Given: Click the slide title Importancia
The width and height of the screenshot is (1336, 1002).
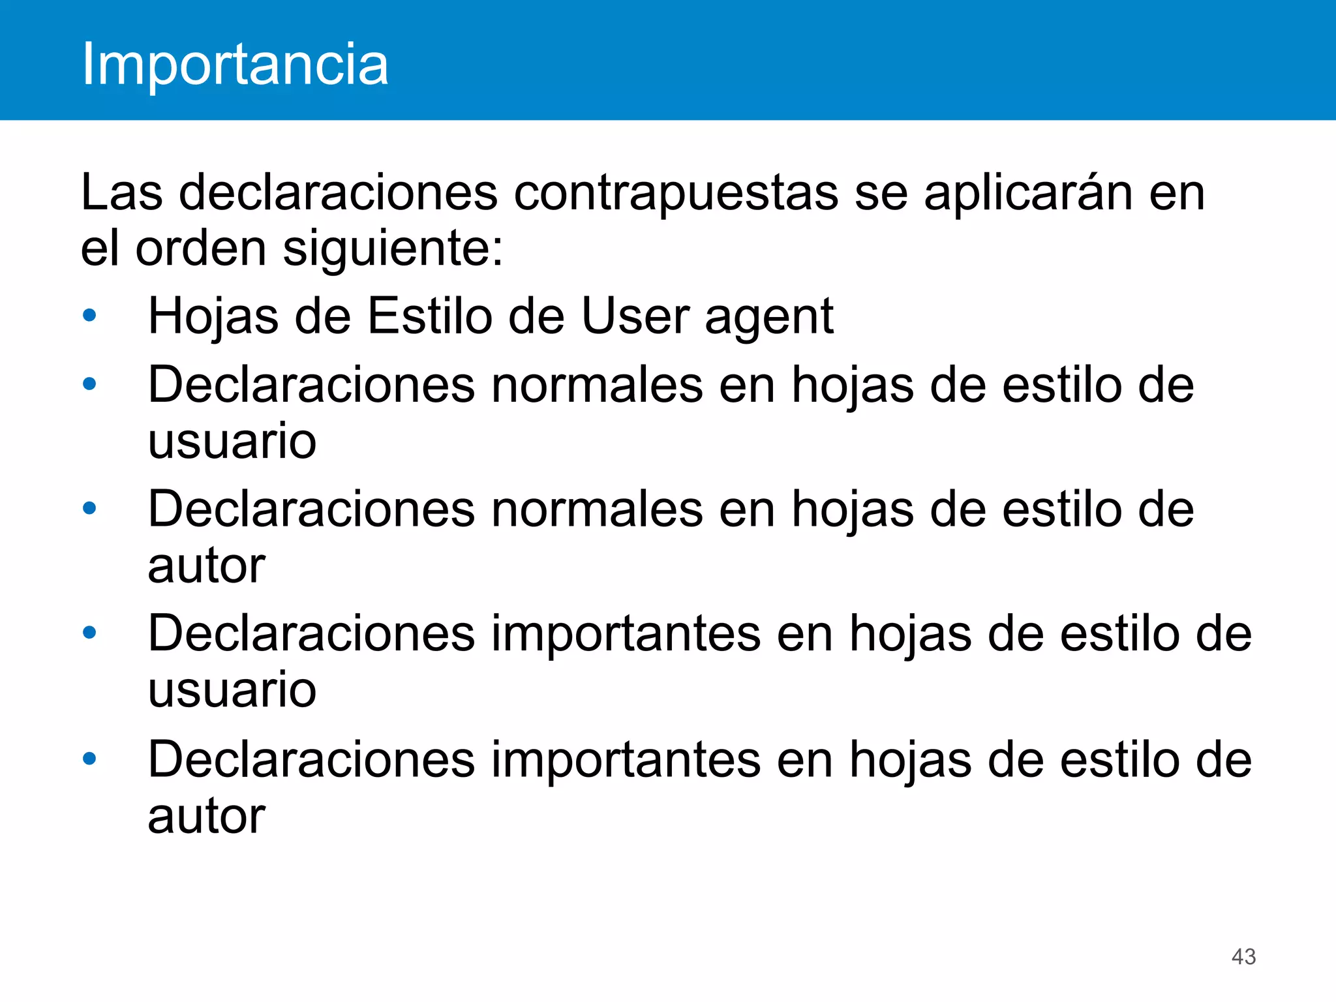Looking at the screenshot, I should tap(235, 64).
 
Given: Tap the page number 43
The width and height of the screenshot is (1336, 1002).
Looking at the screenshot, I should tap(1243, 956).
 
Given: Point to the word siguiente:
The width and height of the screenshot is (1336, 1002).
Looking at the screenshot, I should tap(393, 249).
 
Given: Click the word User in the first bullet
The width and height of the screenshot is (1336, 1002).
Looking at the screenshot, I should tap(635, 316).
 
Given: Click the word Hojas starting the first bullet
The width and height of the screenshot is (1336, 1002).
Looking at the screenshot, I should tap(213, 317).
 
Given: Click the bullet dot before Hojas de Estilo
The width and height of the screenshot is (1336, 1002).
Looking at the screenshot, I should tap(90, 316).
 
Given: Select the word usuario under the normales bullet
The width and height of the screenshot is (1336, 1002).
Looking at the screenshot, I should tap(232, 441).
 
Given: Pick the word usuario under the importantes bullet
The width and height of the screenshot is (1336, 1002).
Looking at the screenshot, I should tap(232, 689).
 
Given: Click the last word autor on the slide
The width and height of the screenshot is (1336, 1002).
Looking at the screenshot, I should tap(206, 815).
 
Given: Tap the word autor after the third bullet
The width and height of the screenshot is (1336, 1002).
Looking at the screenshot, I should tap(206, 565).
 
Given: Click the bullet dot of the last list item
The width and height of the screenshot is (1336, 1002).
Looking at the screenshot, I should tap(90, 758).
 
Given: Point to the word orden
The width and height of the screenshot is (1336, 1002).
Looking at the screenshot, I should tap(201, 249).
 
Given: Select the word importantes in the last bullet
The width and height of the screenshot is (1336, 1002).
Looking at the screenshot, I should tap(626, 761).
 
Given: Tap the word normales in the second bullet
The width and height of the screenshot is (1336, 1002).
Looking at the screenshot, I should tap(598, 385).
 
